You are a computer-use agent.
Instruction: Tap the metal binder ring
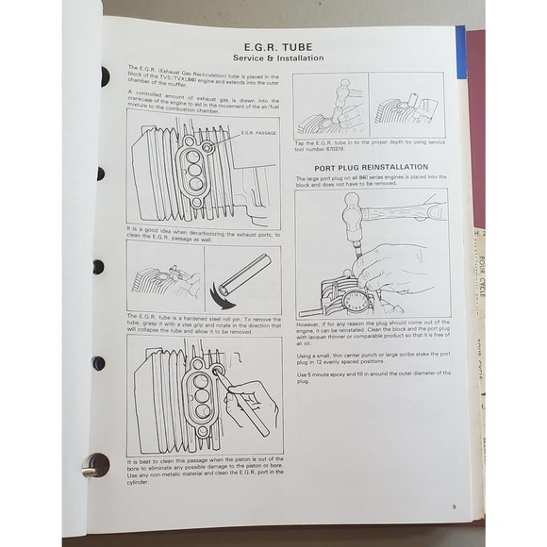point(95,464)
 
